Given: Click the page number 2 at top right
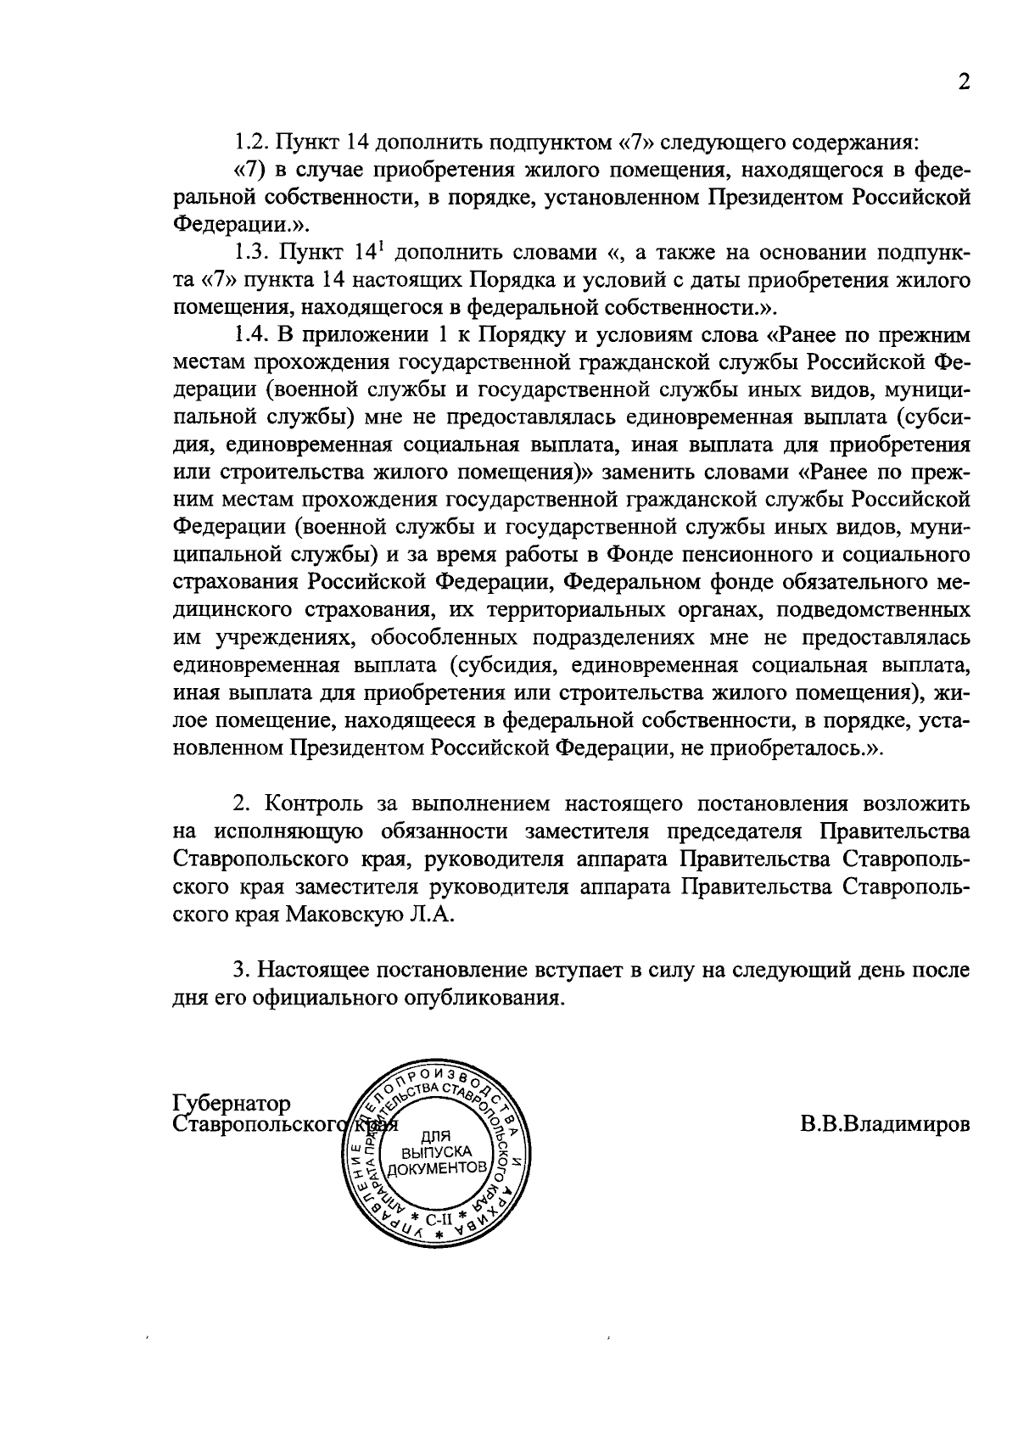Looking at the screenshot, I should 962,81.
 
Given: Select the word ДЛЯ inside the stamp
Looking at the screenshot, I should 435,1137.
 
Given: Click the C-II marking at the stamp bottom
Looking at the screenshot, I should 439,1219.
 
